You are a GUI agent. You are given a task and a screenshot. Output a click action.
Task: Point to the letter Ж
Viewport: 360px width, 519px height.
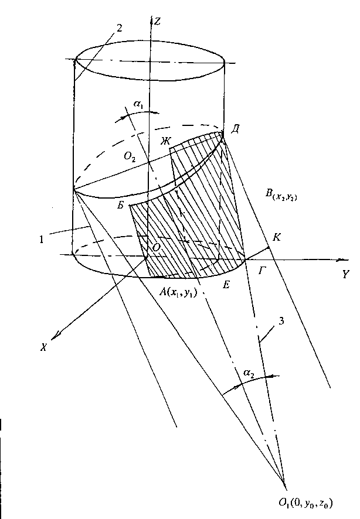[x=168, y=142]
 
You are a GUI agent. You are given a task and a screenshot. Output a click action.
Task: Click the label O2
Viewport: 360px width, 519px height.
[x=130, y=156]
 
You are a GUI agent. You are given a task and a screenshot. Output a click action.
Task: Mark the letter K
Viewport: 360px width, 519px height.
[x=276, y=237]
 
